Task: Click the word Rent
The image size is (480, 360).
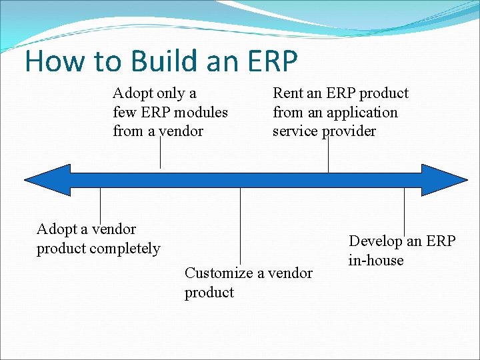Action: click(288, 93)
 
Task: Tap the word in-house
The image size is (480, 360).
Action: click(376, 260)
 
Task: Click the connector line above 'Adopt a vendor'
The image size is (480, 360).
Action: click(100, 203)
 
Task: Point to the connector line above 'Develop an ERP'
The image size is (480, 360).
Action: click(404, 210)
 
